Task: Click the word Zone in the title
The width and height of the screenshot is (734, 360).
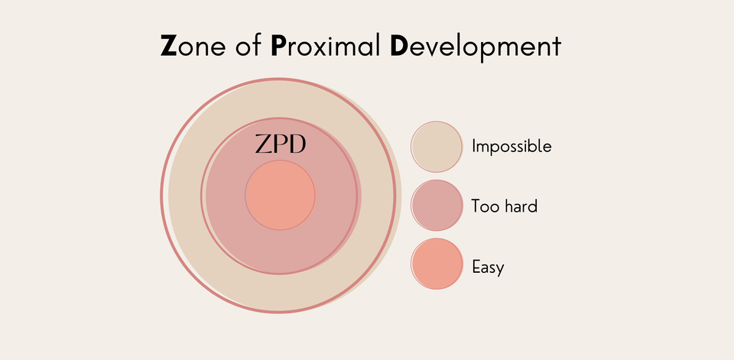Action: [193, 46]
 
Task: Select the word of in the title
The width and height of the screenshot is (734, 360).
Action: [249, 45]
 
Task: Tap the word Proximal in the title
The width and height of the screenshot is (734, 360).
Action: [326, 45]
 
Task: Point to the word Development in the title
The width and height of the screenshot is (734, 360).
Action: [475, 47]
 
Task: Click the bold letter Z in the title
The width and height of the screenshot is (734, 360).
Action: [168, 46]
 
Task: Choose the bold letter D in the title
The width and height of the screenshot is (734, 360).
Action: [399, 46]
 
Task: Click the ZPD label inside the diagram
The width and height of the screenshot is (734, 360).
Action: [281, 144]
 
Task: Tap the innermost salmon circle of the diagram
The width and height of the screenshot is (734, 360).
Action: [280, 195]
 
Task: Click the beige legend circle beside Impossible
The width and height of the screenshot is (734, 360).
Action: [437, 147]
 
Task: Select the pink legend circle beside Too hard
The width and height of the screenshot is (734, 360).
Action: [437, 205]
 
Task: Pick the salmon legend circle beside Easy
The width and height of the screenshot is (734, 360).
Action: [437, 264]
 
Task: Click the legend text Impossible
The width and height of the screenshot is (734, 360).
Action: [512, 147]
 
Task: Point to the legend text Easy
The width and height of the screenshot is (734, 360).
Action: [488, 268]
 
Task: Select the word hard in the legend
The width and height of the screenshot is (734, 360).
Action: [521, 206]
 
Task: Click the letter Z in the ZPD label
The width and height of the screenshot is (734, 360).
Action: [263, 144]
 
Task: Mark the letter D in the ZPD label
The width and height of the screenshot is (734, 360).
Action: [297, 144]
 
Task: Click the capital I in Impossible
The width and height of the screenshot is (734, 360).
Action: [474, 146]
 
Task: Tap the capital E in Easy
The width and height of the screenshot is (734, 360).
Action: [476, 267]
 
